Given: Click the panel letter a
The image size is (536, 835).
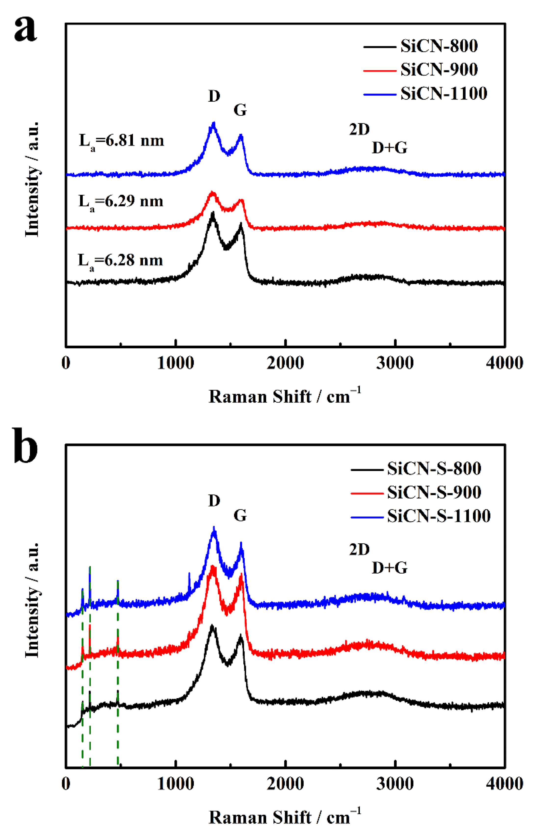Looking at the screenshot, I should [25, 30].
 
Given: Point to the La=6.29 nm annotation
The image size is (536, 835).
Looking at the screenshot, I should [121, 202].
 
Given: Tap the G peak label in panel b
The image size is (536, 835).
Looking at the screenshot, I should [240, 515].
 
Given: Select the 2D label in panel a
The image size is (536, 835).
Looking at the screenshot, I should [359, 130].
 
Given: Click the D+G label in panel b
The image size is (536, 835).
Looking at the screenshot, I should [390, 568].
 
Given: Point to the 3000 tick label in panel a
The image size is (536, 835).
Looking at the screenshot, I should [395, 363].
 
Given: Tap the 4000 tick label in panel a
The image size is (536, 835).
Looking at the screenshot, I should [504, 363].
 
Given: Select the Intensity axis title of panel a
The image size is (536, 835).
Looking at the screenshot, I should [32, 180].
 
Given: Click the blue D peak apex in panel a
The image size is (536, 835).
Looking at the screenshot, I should [214, 123].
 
